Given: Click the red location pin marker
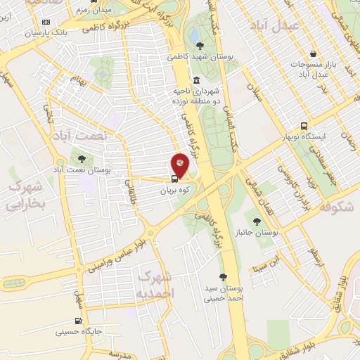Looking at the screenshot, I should (180, 165).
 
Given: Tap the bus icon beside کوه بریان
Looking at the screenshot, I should (174, 179).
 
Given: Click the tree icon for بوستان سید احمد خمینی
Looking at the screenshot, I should (224, 276).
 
